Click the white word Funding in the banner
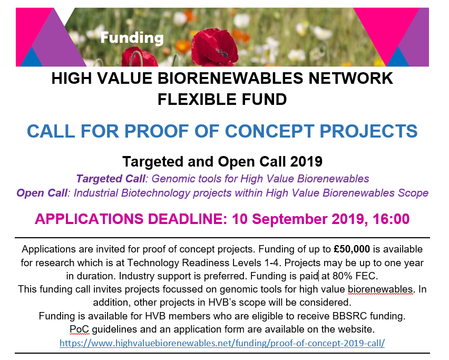(x=132, y=37)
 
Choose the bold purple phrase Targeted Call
(x=105, y=178)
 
